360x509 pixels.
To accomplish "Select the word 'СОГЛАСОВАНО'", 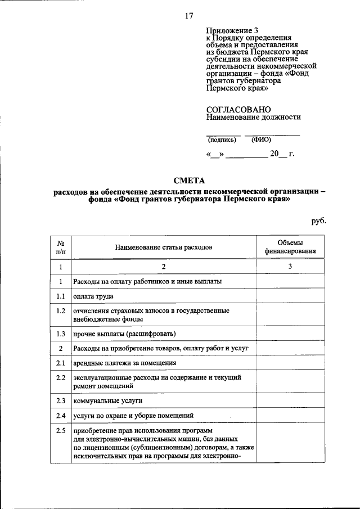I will [238, 109].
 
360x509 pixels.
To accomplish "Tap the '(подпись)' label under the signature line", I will [222, 139].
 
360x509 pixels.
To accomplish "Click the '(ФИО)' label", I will [262, 139].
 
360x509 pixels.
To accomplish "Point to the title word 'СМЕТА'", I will [190, 181].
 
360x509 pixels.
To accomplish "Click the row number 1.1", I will [61, 296].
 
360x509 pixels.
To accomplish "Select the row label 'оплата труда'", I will [93, 296].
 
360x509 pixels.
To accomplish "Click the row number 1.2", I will [61, 311].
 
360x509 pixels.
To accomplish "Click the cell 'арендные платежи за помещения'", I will [125, 363].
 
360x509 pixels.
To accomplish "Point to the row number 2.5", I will [61, 431].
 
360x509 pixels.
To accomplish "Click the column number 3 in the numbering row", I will [290, 267].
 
